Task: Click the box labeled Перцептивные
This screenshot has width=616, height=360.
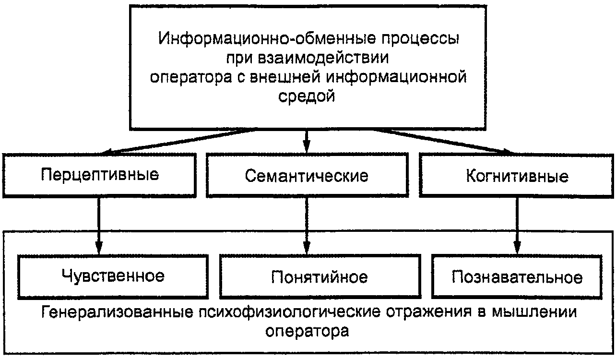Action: pyautogui.click(x=99, y=175)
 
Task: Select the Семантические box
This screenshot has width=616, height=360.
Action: pyautogui.click(x=307, y=176)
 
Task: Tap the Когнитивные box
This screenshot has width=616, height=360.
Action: pyautogui.click(x=517, y=176)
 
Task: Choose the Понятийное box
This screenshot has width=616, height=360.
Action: pyautogui.click(x=320, y=277)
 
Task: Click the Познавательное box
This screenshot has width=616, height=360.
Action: pyautogui.click(x=517, y=277)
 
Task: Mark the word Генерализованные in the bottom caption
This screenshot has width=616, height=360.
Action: pyautogui.click(x=118, y=312)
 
